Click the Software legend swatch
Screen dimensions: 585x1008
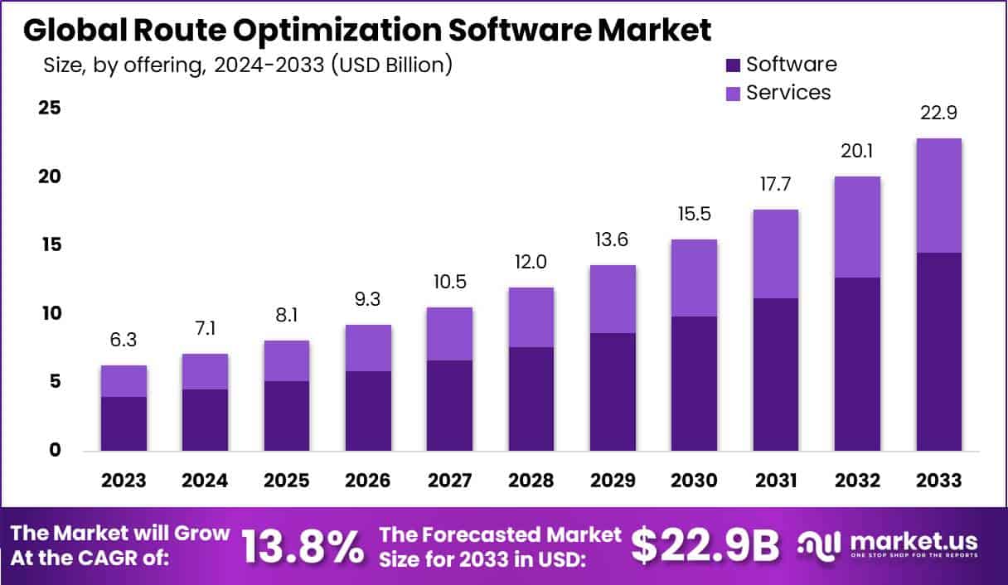click(x=733, y=65)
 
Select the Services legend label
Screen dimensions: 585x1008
click(x=788, y=92)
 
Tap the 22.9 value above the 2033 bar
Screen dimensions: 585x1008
click(x=938, y=114)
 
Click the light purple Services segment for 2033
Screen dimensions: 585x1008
click(x=938, y=196)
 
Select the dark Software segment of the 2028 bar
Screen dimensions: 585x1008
click(x=531, y=399)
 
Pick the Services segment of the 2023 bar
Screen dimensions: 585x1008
click(x=124, y=381)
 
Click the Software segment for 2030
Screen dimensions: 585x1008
click(x=694, y=383)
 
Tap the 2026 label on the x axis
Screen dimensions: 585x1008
click(x=368, y=481)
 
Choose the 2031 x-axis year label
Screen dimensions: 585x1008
click(x=775, y=481)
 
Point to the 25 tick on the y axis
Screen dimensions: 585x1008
click(x=48, y=109)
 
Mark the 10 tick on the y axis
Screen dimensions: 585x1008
click(x=48, y=313)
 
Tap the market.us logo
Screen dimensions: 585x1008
click(x=887, y=544)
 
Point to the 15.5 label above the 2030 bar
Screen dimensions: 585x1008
click(x=694, y=215)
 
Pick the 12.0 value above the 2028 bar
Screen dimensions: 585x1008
click(x=531, y=263)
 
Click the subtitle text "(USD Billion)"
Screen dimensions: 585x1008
click(x=391, y=65)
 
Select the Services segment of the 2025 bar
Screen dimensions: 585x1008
click(x=286, y=360)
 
